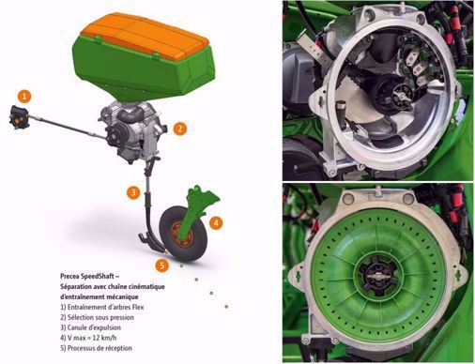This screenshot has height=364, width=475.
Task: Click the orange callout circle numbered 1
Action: pyautogui.click(x=24, y=97)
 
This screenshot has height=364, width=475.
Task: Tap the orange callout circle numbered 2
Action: pyautogui.click(x=179, y=129)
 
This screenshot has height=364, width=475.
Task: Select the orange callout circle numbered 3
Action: pyautogui.click(x=133, y=192)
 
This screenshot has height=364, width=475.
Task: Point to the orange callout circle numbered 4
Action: pyautogui.click(x=216, y=223)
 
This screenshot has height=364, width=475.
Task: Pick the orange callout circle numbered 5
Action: pyautogui.click(x=162, y=265)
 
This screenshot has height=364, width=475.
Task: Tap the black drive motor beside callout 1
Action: pyautogui.click(x=20, y=117)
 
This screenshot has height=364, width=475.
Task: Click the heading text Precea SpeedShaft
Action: pyautogui.click(x=89, y=277)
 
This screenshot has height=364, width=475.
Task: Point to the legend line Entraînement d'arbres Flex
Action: pyautogui.click(x=102, y=307)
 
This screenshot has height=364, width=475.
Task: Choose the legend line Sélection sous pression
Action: pyautogui.click(x=97, y=317)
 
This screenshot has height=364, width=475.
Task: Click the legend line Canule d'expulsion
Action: pyautogui.click(x=90, y=327)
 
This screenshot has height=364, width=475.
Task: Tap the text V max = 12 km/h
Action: pyautogui.click(x=88, y=338)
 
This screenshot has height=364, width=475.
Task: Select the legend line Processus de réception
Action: pyautogui.click(x=96, y=348)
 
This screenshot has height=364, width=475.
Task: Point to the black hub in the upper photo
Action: pyautogui.click(x=393, y=95)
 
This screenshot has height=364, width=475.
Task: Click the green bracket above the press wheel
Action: pyautogui.click(x=201, y=204)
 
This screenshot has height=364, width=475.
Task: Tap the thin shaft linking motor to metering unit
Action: pyautogui.click(x=68, y=128)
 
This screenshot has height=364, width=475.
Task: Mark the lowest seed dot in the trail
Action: pyautogui.click(x=226, y=307)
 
